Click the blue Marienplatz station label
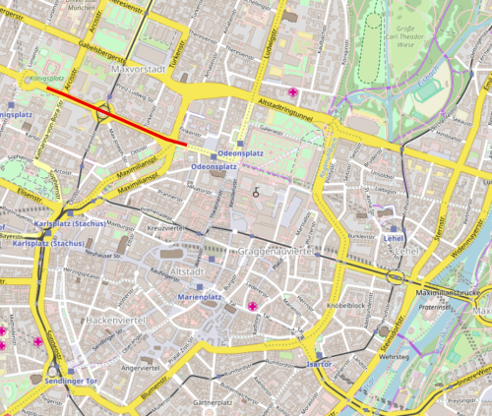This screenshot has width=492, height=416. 202,297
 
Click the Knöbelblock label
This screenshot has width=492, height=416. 346,305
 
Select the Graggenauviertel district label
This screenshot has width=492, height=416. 276,252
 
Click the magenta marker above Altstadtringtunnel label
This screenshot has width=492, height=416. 292,91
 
